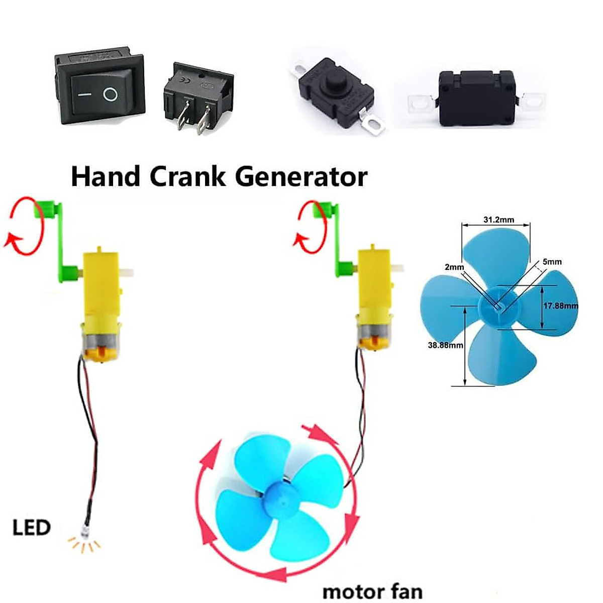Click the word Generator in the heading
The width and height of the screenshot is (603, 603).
[301, 177]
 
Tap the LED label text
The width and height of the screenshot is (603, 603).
[31, 528]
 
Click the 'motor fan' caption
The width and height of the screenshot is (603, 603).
[372, 591]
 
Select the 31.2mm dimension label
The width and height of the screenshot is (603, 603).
[498, 220]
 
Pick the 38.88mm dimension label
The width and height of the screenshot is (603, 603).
[445, 345]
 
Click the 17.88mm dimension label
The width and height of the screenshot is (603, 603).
[560, 306]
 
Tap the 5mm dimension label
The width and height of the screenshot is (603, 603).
[552, 262]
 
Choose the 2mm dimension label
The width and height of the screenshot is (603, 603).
[454, 267]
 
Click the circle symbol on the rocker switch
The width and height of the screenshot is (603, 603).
[110, 94]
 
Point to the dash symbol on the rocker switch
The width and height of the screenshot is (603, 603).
[84, 94]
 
